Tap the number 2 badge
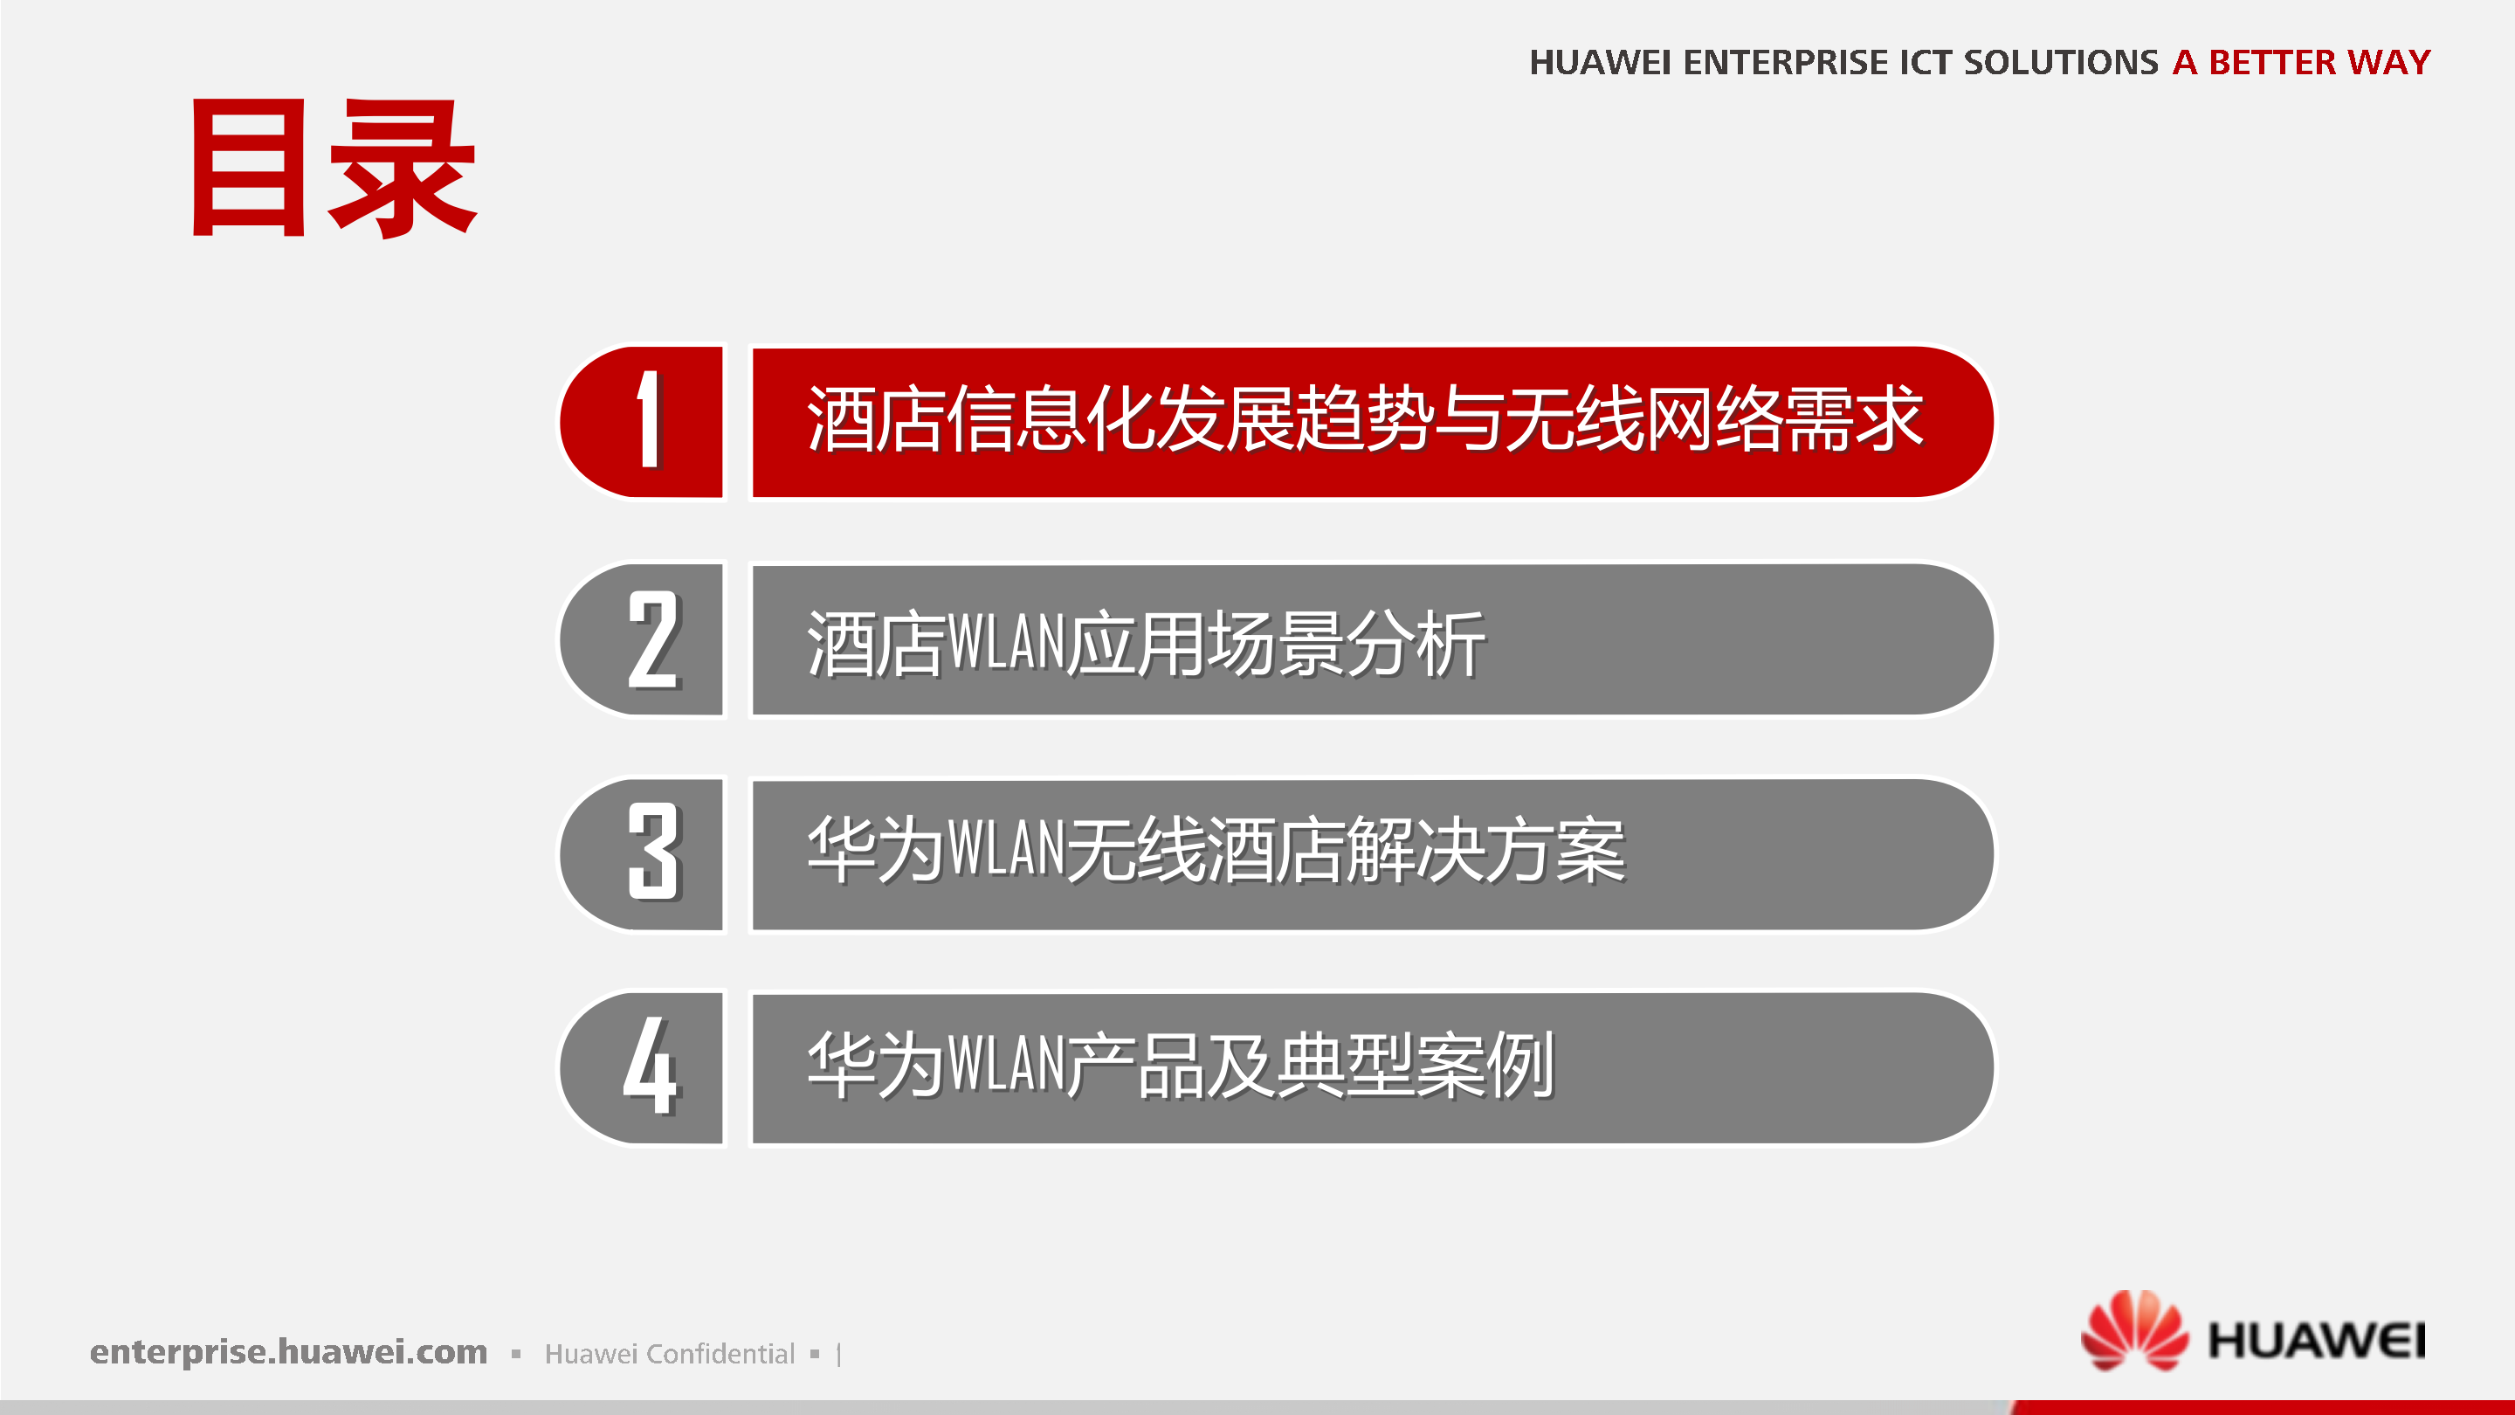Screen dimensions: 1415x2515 click(x=652, y=639)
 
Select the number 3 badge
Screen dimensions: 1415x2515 click(x=652, y=852)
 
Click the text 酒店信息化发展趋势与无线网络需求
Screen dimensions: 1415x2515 click(x=1364, y=420)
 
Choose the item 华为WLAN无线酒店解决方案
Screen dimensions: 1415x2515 click(x=1216, y=850)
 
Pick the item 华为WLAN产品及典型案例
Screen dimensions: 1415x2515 click(x=1181, y=1065)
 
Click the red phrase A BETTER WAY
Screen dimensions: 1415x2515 click(x=2301, y=63)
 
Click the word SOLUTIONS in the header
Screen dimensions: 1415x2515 click(x=2060, y=63)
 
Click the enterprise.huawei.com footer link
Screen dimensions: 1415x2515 click(x=288, y=1351)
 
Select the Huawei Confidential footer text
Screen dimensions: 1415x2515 click(x=670, y=1354)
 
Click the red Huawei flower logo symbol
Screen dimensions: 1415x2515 click(x=2134, y=1330)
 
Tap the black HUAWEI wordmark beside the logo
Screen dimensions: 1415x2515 click(x=2317, y=1340)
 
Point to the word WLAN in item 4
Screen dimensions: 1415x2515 click(x=1006, y=1065)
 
